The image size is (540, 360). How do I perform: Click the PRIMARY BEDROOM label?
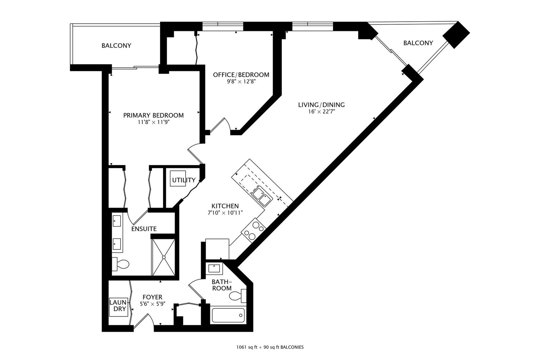153,115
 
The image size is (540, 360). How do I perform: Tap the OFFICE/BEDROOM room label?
241,75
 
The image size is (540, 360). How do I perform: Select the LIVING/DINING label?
321,105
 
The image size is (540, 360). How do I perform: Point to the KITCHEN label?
225,206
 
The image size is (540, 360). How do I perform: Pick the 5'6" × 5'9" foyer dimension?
152,304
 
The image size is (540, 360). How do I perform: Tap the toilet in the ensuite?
121,264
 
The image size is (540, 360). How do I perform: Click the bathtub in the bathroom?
228,315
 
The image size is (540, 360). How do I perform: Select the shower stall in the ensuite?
164,257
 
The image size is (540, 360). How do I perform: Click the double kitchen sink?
262,196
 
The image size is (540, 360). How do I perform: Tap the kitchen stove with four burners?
253,230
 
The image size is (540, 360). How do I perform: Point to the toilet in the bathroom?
238,296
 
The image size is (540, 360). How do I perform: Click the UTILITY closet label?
184,180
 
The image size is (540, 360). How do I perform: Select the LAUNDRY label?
118,306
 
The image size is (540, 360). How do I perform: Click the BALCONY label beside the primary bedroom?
116,46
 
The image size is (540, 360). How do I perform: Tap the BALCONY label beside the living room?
418,43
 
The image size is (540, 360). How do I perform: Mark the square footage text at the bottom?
270,347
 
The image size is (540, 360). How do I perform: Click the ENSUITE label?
144,229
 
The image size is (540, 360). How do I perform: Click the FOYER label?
152,297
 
